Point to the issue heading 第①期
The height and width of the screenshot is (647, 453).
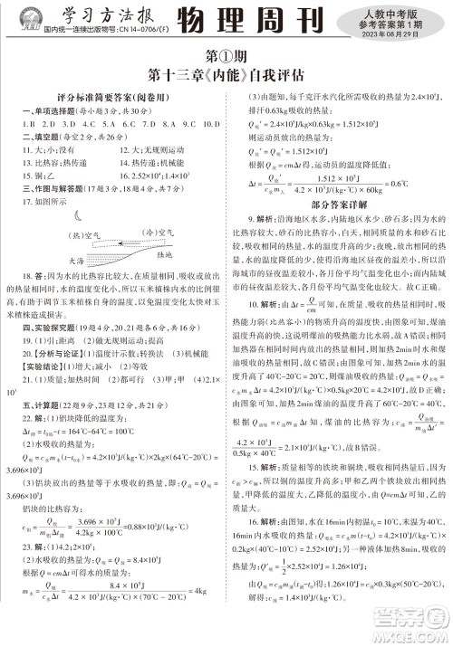click(227, 56)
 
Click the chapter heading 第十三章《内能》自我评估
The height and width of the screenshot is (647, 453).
click(227, 75)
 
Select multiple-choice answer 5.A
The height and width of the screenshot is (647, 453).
click(101, 121)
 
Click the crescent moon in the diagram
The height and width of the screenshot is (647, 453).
click(79, 214)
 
